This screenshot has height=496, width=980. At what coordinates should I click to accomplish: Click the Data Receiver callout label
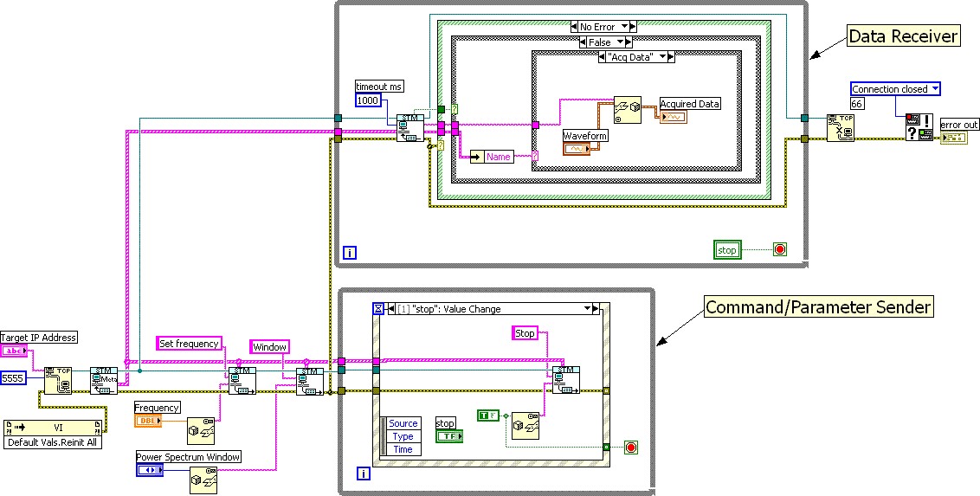click(x=903, y=36)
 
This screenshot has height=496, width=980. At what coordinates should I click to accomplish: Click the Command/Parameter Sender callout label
click(x=817, y=306)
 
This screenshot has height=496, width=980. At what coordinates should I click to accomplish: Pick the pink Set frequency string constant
click(x=189, y=344)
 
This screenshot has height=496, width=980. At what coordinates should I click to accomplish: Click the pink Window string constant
click(x=269, y=347)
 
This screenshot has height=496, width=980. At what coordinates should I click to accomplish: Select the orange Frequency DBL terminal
click(x=147, y=421)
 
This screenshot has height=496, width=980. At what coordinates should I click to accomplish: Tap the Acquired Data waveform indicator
click(x=673, y=117)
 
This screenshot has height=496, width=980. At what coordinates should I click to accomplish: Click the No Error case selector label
click(x=603, y=27)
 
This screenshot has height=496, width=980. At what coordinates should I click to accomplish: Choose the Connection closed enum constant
click(x=894, y=89)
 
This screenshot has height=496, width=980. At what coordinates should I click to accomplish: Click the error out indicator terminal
click(x=953, y=138)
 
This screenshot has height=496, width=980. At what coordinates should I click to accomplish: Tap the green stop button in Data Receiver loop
click(x=727, y=250)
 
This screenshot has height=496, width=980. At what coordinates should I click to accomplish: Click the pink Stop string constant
click(x=525, y=333)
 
